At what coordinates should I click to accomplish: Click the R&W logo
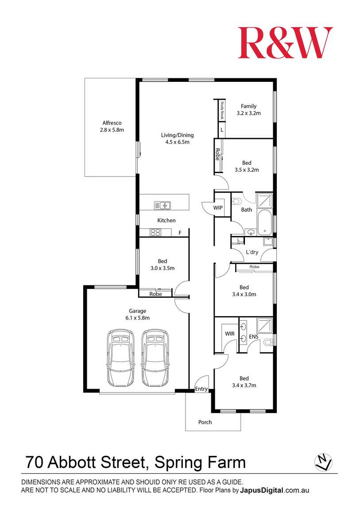[x=285, y=42]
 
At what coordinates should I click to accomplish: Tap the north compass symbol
[x=323, y=462]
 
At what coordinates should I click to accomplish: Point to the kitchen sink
[x=163, y=205]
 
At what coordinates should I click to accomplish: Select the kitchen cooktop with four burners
[x=155, y=232]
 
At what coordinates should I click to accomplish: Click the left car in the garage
[x=120, y=358]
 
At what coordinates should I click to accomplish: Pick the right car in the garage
[x=155, y=358]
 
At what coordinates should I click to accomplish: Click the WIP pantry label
[x=218, y=208]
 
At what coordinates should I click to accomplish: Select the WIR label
[x=230, y=334]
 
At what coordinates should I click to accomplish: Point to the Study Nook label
[x=222, y=110]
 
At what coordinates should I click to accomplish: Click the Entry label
[x=201, y=389]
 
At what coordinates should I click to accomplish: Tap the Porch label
[x=205, y=422]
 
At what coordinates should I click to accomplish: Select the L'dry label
[x=252, y=252]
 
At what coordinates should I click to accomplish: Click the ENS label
[x=254, y=337]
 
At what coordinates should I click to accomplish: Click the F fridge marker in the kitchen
[x=180, y=233]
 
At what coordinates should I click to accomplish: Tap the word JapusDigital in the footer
[x=262, y=490]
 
